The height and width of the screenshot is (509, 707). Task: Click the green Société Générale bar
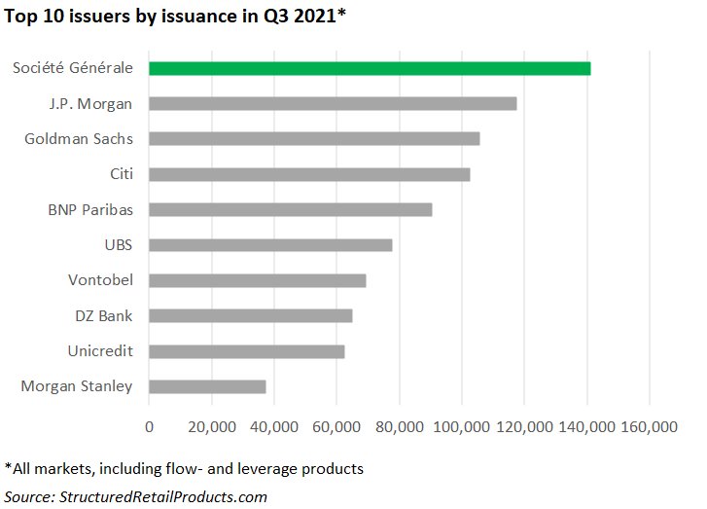tap(370, 68)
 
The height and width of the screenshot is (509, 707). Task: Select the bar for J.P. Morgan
tap(333, 103)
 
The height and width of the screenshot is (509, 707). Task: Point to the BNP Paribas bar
tap(290, 209)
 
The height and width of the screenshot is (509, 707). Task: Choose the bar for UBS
tap(270, 244)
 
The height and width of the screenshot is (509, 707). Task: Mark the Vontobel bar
tap(258, 280)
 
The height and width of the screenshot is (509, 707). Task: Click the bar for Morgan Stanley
tap(207, 386)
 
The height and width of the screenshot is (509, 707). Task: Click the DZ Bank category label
tap(104, 315)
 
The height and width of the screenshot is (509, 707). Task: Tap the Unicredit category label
tap(100, 350)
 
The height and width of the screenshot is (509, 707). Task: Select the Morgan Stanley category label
tap(77, 386)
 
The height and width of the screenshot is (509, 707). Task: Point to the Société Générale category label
tap(73, 68)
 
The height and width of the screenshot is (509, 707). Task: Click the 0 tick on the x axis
tap(149, 426)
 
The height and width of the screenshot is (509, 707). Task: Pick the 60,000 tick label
tap(336, 426)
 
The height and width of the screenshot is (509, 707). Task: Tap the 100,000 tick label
tap(461, 426)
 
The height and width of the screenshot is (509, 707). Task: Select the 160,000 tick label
tap(649, 426)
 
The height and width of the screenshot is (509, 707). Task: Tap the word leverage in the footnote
tap(267, 469)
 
